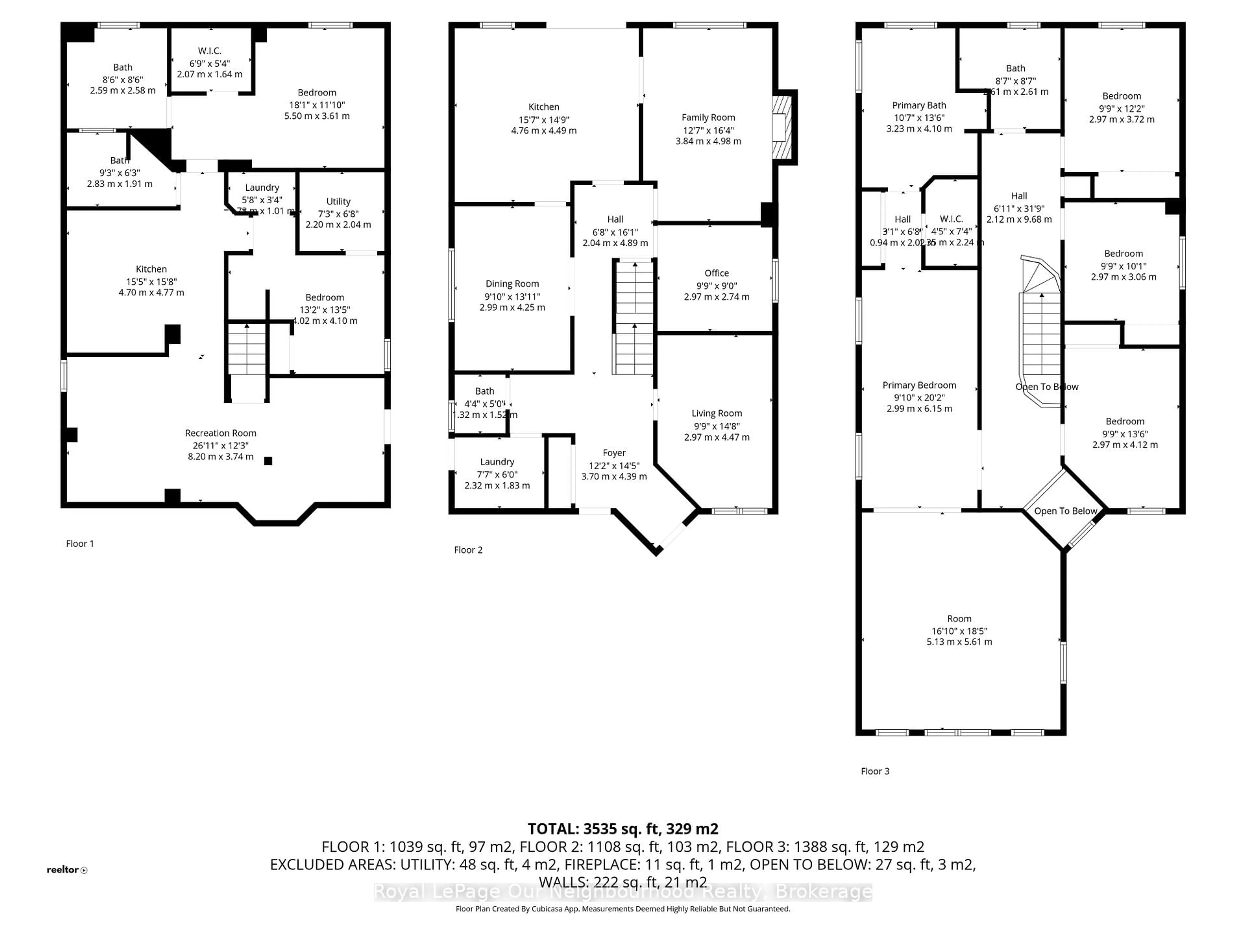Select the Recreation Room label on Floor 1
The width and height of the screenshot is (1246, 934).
(220, 433)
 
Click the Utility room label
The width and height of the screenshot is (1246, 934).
(338, 201)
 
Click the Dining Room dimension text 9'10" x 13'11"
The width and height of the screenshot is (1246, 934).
(512, 296)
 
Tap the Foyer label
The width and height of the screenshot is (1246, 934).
(614, 453)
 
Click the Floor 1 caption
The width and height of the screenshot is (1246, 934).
(80, 543)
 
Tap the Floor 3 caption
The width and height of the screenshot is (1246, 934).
(875, 771)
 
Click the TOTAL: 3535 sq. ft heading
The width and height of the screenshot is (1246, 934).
(622, 829)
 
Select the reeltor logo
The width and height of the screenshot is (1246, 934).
(67, 870)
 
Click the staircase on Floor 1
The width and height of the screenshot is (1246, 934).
(247, 349)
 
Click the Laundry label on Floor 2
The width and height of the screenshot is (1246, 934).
(497, 462)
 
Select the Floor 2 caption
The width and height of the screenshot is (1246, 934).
(468, 550)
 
